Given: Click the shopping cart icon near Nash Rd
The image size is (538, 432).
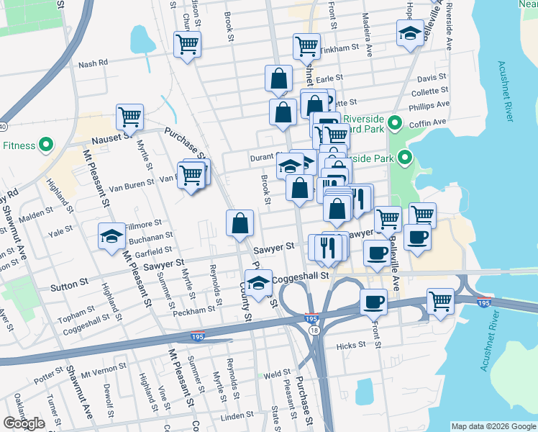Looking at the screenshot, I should coord(187,45).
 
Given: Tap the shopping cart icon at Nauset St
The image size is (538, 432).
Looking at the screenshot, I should coord(130,116).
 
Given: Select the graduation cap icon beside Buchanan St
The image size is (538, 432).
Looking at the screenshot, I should coord(112,236).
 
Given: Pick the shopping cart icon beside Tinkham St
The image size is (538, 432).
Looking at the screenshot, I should coord(306,47).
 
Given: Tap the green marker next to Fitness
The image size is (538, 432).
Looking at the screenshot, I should coord(45,145).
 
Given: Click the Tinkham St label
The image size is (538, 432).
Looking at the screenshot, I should coord(340,48).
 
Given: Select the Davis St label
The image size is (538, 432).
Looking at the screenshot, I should coord(432,77).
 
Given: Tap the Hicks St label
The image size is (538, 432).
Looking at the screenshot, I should coord(351,346).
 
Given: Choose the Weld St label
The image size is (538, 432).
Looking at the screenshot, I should coord(276,374).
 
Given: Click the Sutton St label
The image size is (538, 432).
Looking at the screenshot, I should coord(69,287).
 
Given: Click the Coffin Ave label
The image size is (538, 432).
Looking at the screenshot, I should coord(433,122).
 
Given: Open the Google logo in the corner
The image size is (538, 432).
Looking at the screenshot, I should coord(24,423).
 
